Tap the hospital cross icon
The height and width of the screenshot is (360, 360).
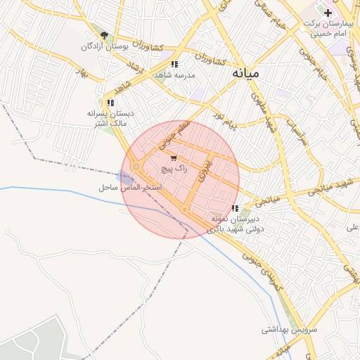pyautogui.click(x=328, y=13)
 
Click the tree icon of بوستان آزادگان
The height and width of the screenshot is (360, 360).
pyautogui.click(x=104, y=35)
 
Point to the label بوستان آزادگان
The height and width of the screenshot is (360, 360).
pyautogui.click(x=98, y=46)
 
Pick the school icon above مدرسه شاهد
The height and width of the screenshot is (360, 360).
pyautogui.click(x=174, y=65)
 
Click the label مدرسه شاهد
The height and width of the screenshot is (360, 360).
pyautogui.click(x=174, y=75)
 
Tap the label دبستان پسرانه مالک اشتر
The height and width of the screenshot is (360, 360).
pyautogui.click(x=109, y=118)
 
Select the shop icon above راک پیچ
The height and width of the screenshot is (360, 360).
pyautogui.click(x=174, y=158)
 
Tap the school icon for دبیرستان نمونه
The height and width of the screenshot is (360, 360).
pyautogui.click(x=235, y=208)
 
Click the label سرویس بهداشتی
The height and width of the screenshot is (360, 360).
pyautogui.click(x=290, y=329)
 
